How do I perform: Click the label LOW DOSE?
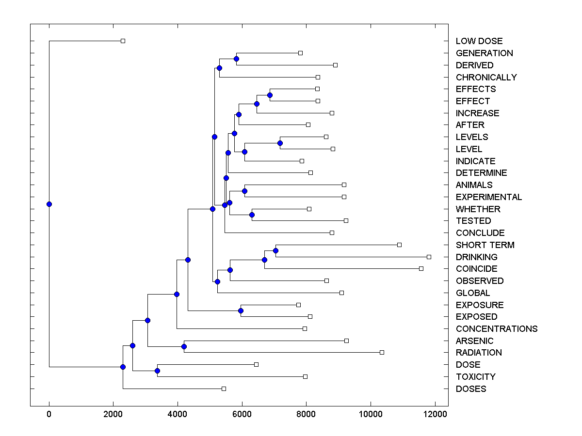[x=479, y=41]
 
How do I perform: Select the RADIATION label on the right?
[x=478, y=353]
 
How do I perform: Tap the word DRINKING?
[x=476, y=257]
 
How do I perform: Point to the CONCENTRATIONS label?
[x=496, y=329]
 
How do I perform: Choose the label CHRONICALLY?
[x=486, y=77]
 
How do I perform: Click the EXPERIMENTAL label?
[x=488, y=197]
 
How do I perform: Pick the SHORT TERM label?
[x=485, y=245]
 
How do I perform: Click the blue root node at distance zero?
[x=49, y=204]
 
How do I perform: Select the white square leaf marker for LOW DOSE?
[x=123, y=41]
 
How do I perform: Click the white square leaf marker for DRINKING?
[x=429, y=257]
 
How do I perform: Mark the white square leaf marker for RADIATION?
[x=382, y=352]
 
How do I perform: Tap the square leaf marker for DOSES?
[x=224, y=389]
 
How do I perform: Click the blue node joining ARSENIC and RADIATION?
[x=184, y=346]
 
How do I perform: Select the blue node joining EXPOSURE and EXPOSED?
[x=241, y=311]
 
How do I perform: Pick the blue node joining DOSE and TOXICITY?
[x=157, y=371]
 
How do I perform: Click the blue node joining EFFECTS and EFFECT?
[x=270, y=95]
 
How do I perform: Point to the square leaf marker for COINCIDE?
[x=421, y=268]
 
